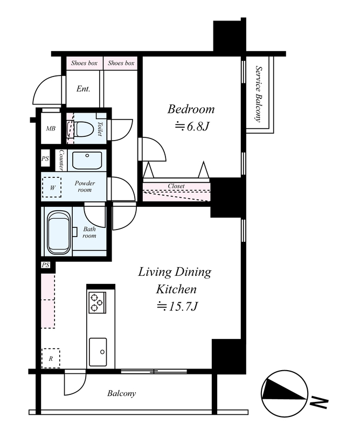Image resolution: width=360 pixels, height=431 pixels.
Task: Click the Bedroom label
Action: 191,109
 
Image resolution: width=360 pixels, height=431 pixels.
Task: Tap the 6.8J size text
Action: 192,127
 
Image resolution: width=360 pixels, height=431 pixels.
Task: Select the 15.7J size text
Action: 177,306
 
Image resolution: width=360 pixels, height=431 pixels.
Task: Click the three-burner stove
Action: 97,302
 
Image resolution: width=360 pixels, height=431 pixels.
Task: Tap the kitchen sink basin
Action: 98,352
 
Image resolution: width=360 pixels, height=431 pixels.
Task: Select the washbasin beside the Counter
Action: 87,161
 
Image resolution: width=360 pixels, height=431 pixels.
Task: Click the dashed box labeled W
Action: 52,187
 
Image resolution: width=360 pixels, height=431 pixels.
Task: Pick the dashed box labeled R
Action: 51,358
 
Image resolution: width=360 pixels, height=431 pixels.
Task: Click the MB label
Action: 51,128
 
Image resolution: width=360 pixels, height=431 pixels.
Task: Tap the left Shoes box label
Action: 84,63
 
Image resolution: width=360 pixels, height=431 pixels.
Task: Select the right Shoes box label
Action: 121,63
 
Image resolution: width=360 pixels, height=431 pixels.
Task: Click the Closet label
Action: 176,186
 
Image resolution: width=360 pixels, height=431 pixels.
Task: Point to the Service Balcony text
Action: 258,94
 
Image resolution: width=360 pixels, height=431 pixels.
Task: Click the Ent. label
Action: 84,89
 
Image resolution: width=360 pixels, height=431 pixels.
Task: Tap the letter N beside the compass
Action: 319,402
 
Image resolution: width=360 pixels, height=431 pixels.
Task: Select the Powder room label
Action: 85,186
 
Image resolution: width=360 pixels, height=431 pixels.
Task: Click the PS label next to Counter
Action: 45,158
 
